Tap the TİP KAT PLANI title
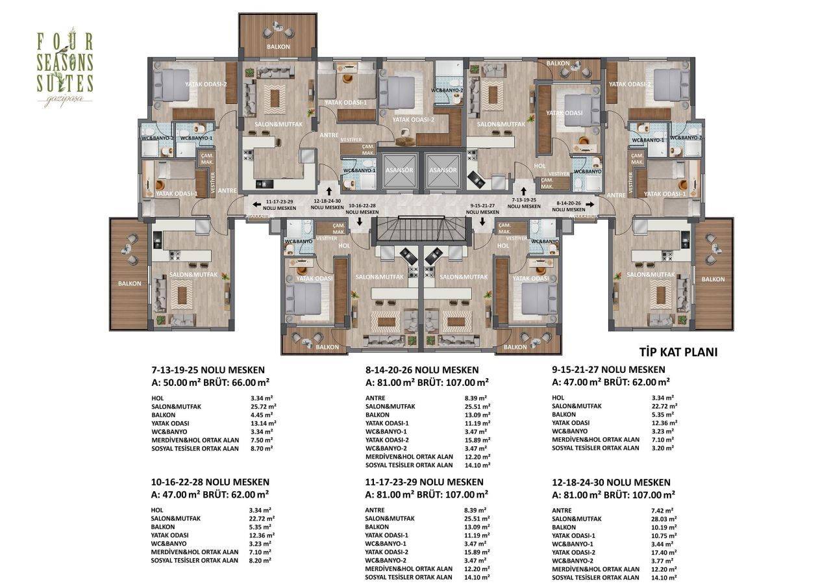(x=678, y=352)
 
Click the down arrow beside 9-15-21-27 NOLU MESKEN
(x=482, y=220)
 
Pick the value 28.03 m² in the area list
(x=664, y=519)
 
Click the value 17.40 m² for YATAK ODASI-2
(x=664, y=552)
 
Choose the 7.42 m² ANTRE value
(x=662, y=511)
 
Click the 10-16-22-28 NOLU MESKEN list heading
(x=210, y=482)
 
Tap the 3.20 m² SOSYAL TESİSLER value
(x=662, y=448)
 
